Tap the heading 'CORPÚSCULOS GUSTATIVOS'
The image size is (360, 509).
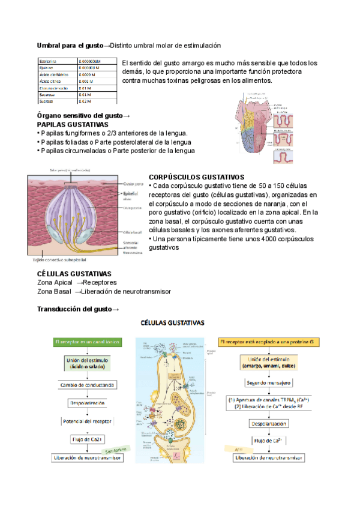click(196, 178)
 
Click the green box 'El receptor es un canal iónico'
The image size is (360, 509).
click(87, 342)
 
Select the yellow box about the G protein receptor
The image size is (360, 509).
click(266, 342)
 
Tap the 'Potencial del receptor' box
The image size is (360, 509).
click(88, 422)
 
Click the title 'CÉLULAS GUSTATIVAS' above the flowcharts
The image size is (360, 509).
click(172, 322)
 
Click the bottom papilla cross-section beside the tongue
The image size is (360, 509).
click(284, 157)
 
